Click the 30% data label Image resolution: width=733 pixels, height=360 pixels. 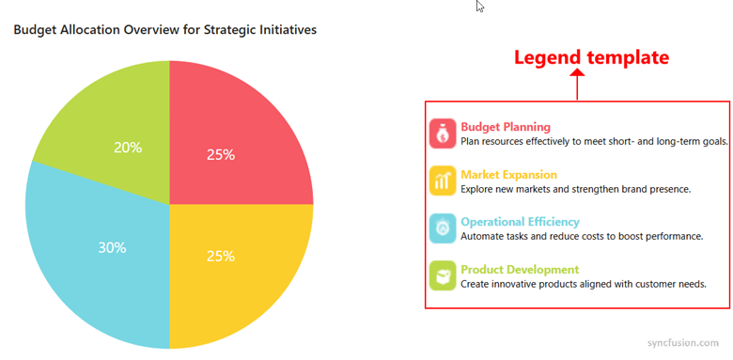[x=112, y=248]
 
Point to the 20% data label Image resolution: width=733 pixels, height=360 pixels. [x=128, y=148]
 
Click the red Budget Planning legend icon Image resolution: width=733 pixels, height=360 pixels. [x=442, y=133]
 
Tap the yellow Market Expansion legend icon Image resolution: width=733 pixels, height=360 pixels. [x=442, y=181]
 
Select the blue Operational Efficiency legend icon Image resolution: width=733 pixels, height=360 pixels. [x=442, y=228]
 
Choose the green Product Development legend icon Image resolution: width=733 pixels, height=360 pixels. [x=442, y=276]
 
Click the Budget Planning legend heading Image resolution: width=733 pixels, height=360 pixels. [x=506, y=127]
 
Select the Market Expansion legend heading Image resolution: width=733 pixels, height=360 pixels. [x=508, y=175]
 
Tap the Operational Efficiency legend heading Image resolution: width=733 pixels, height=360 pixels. [x=520, y=222]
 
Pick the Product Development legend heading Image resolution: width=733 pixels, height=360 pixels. [x=519, y=270]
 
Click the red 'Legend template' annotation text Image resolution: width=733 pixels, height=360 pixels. [x=591, y=57]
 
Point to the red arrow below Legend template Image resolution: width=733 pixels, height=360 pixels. [x=577, y=86]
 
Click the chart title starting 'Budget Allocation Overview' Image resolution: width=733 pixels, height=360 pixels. [x=164, y=30]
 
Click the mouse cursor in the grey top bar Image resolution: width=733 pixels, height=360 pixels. [x=480, y=7]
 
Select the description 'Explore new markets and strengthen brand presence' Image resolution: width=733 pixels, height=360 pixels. [x=575, y=189]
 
